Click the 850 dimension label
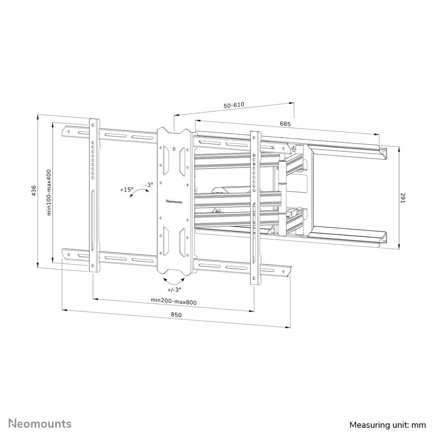click(176, 314)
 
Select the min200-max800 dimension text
click(174, 301)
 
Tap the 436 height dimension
click(34, 191)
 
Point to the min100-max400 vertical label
click(49, 192)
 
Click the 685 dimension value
click(285, 123)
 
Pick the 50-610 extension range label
click(234, 106)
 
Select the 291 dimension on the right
click(403, 198)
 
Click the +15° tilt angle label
click(127, 190)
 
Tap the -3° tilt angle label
click(149, 185)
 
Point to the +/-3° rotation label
click(174, 290)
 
